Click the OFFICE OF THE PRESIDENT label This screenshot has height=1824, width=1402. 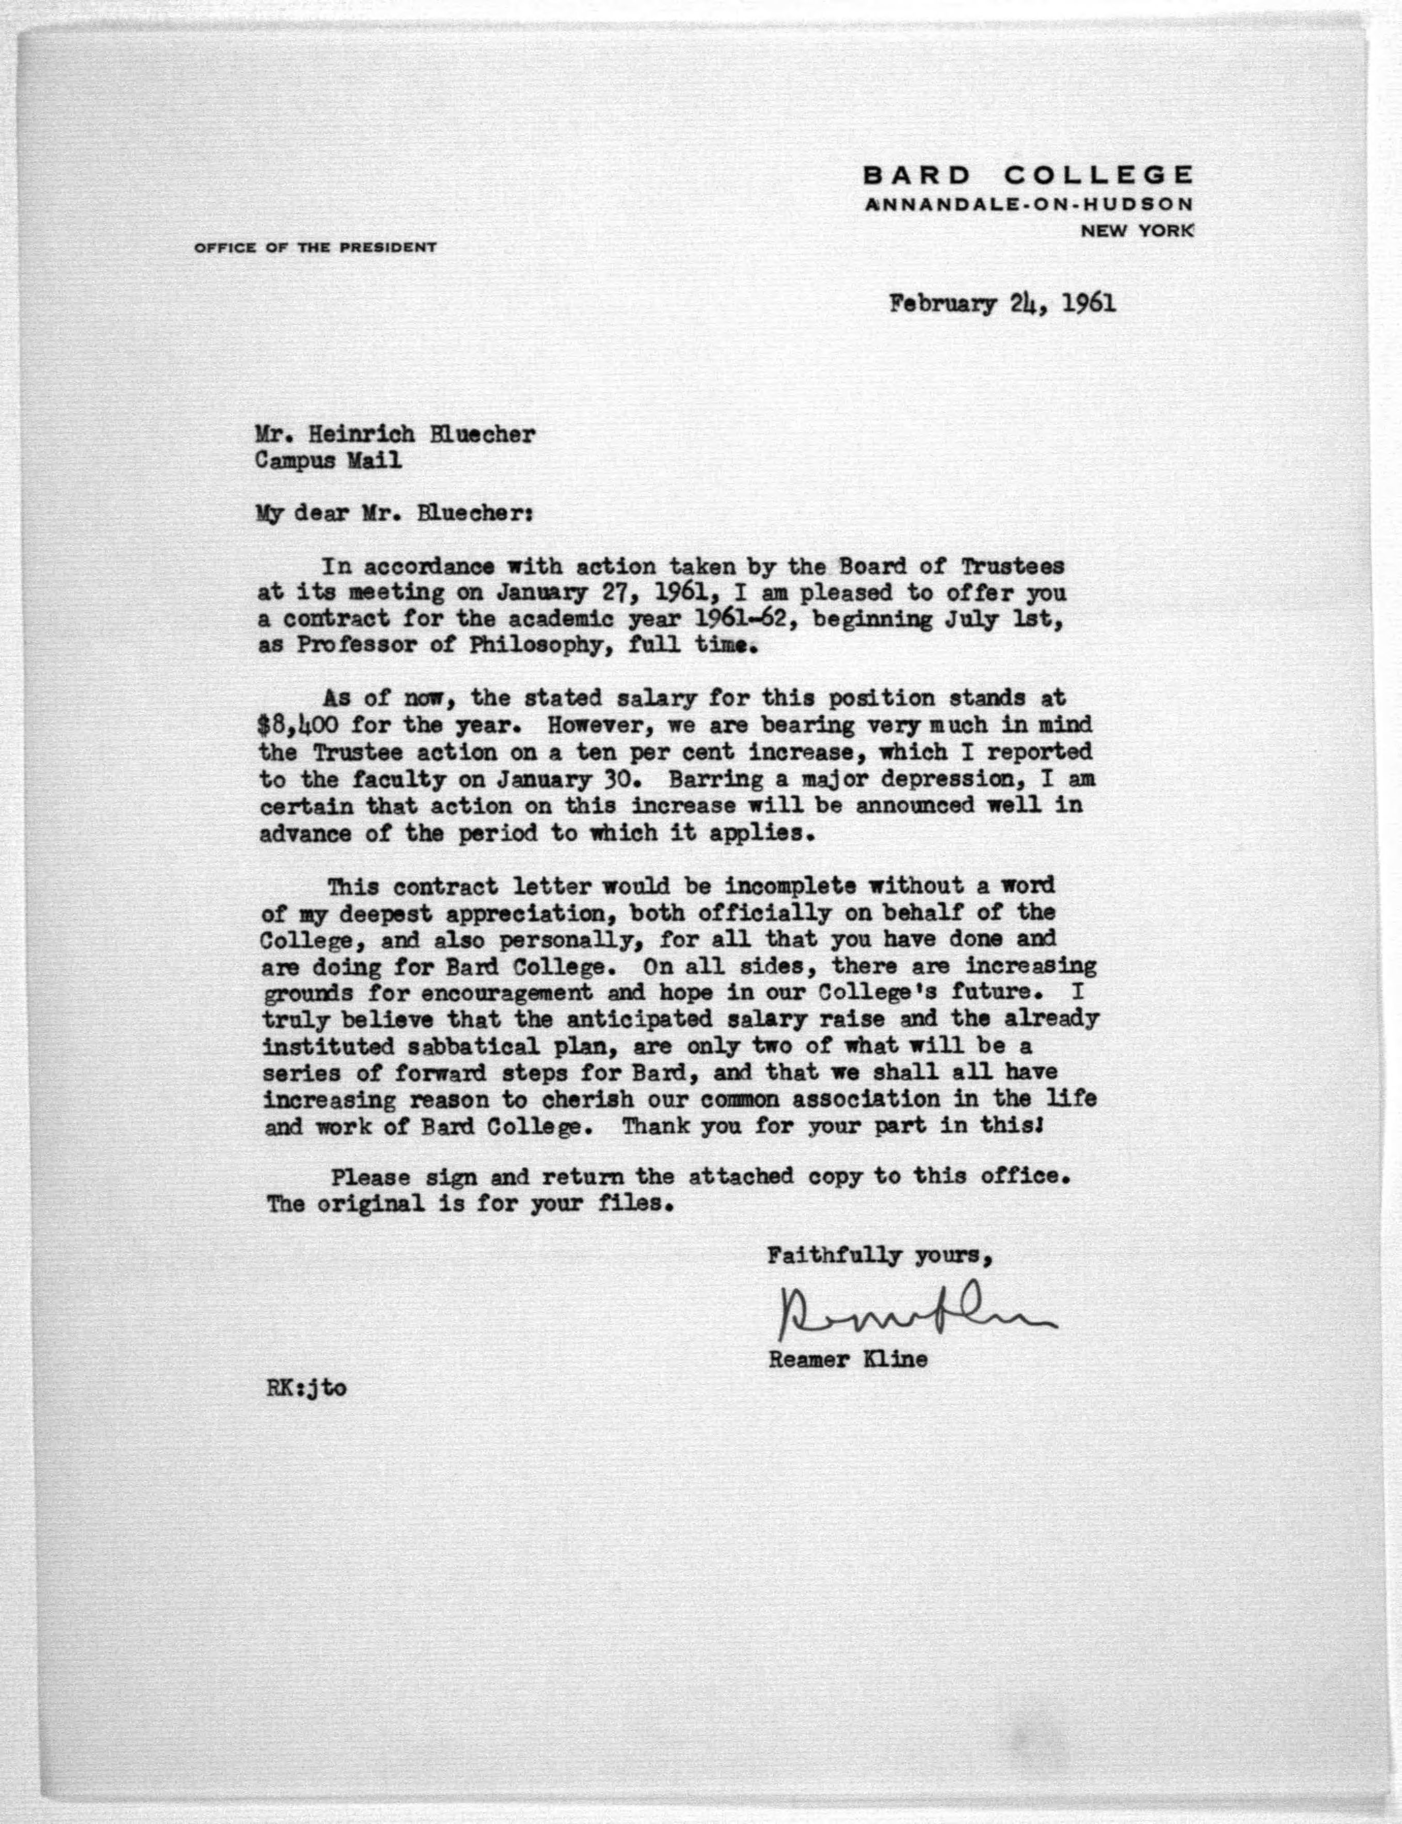pyautogui.click(x=315, y=247)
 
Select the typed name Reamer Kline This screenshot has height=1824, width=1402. pyautogui.click(x=847, y=1359)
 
